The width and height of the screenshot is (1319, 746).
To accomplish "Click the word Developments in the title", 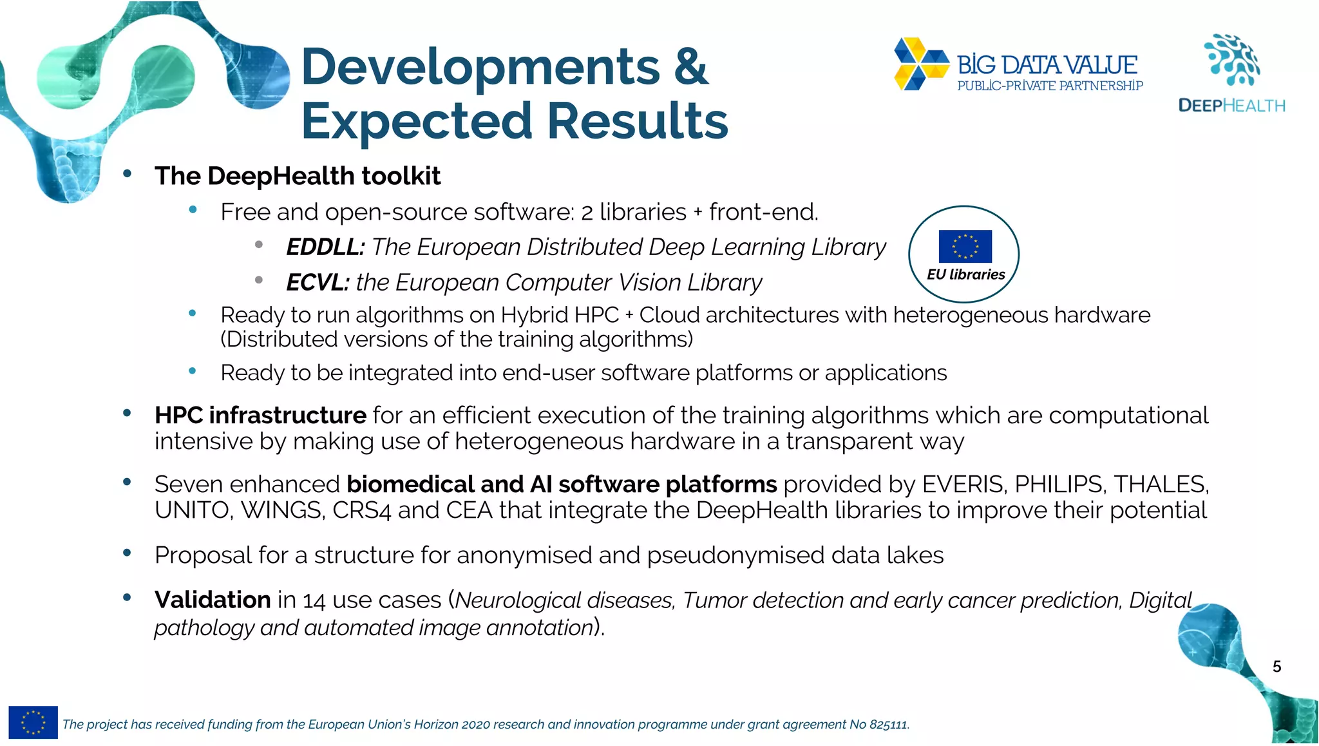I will click(480, 68).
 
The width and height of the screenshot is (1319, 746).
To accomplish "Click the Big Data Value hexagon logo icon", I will click(921, 64).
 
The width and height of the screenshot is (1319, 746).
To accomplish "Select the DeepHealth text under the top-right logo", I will click(1231, 106).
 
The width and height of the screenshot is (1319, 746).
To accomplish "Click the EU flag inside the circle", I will click(965, 246).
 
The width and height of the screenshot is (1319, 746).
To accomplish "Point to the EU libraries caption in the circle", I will click(965, 274).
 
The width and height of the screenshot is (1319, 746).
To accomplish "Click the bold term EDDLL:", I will click(325, 247).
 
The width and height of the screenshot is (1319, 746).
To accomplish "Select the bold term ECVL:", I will click(318, 283).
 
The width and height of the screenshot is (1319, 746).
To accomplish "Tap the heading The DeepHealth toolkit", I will click(298, 176).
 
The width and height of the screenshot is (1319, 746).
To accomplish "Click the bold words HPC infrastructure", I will click(260, 416).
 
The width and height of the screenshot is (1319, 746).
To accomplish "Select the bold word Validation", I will click(213, 600).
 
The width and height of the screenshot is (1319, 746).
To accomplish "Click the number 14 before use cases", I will click(314, 601).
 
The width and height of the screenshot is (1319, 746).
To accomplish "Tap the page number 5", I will click(1276, 667).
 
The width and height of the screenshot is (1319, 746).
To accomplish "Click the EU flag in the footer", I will click(33, 722).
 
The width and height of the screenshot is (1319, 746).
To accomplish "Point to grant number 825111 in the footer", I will click(888, 725).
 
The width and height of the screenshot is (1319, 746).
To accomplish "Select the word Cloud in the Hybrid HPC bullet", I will click(669, 315).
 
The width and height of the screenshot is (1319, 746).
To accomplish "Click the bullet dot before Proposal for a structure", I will click(127, 553).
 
